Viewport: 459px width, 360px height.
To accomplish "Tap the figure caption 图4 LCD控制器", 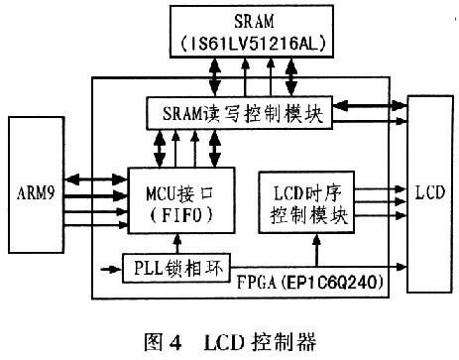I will click(x=229, y=340).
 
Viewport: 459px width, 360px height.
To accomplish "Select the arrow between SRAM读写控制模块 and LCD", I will click(x=362, y=104).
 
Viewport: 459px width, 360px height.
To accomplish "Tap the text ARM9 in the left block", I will click(x=41, y=189).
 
